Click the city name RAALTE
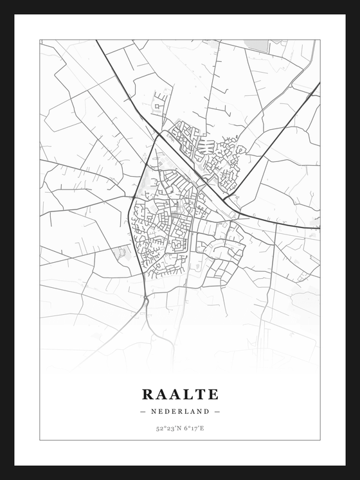click(x=180, y=394)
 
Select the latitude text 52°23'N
click(x=167, y=429)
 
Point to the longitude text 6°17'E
click(x=193, y=429)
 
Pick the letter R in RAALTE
click(x=147, y=394)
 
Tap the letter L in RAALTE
click(x=187, y=394)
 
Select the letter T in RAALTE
click(x=199, y=394)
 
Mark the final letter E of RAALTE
click(x=213, y=394)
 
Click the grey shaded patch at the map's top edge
click(x=257, y=44)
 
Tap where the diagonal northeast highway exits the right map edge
click(x=319, y=83)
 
